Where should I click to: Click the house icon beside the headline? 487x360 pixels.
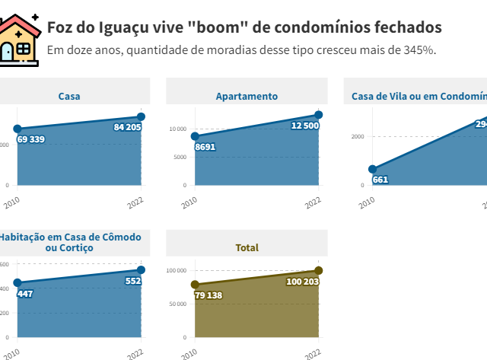tap(21, 37)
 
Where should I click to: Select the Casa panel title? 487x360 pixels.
tap(69, 97)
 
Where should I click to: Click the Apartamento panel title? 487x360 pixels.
tap(247, 97)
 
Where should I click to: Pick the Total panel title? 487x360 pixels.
tap(247, 247)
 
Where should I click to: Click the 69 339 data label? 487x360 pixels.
tap(30, 139)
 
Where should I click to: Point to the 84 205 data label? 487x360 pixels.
tap(127, 127)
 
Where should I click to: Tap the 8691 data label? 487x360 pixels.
tap(205, 146)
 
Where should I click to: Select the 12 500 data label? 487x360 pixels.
tap(304, 125)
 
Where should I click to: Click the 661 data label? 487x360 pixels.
tap(380, 180)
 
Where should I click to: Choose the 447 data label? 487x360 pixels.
tap(25, 293)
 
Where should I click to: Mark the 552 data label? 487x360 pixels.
tap(132, 281)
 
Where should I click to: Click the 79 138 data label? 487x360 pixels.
tap(208, 295)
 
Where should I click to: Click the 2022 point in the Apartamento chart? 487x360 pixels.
tap(318, 115)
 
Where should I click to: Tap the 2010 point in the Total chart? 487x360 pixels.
tap(195, 285)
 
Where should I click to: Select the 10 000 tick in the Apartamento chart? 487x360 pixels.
tap(177, 129)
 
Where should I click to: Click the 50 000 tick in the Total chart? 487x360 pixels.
tap(177, 304)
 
